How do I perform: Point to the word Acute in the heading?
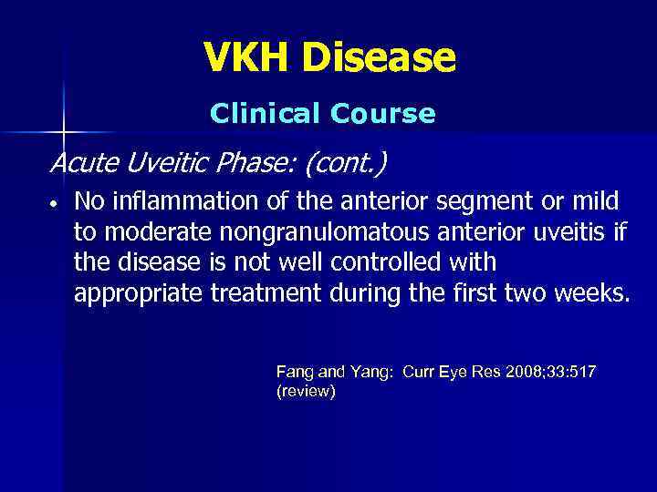click(x=80, y=165)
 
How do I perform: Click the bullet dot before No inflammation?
click(x=56, y=202)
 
